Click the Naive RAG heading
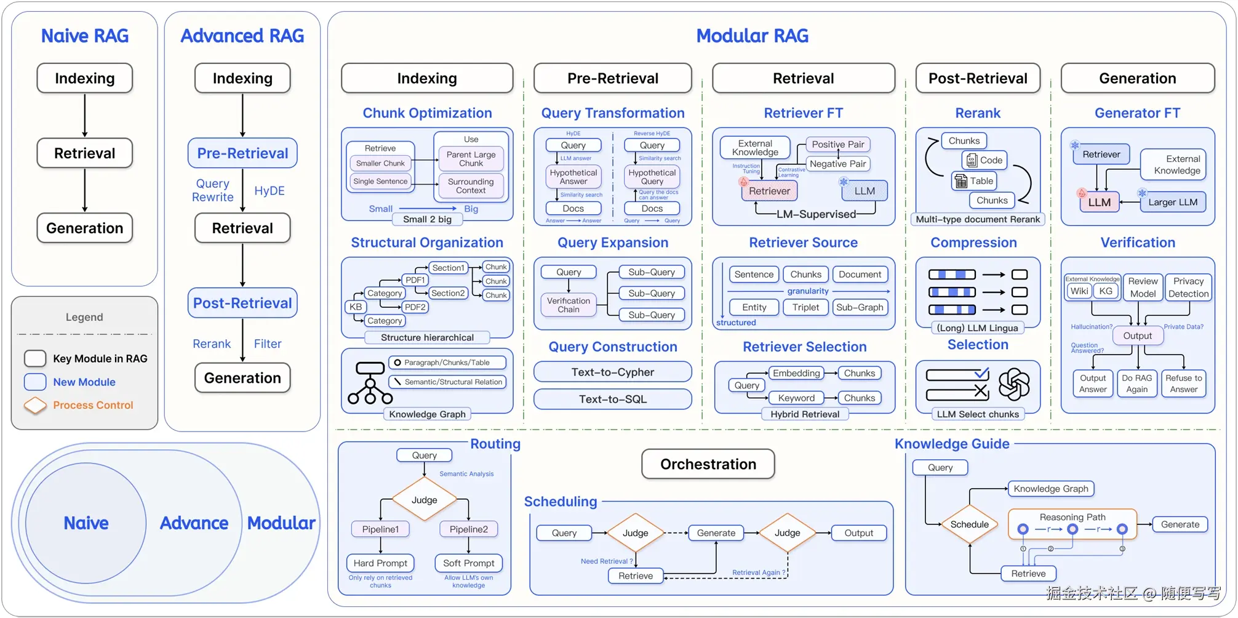coord(85,36)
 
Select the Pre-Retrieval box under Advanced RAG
coord(242,153)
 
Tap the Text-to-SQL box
coord(613,399)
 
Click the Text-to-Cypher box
coord(613,372)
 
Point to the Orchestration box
coord(708,464)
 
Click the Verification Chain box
coord(569,305)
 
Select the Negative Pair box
coord(837,164)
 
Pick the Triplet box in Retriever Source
coord(805,307)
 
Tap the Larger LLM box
coord(1173,202)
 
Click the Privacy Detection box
coord(1188,287)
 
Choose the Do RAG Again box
coord(1136,383)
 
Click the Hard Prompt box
coord(380,563)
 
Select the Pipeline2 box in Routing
coord(469,529)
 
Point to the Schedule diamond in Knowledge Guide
coord(970,524)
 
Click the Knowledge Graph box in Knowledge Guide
coord(1051,489)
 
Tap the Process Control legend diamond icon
coord(35,405)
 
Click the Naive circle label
coord(86,523)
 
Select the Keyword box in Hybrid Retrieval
coord(796,398)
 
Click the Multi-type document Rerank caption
coord(978,219)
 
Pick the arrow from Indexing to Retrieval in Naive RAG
coord(85,116)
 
